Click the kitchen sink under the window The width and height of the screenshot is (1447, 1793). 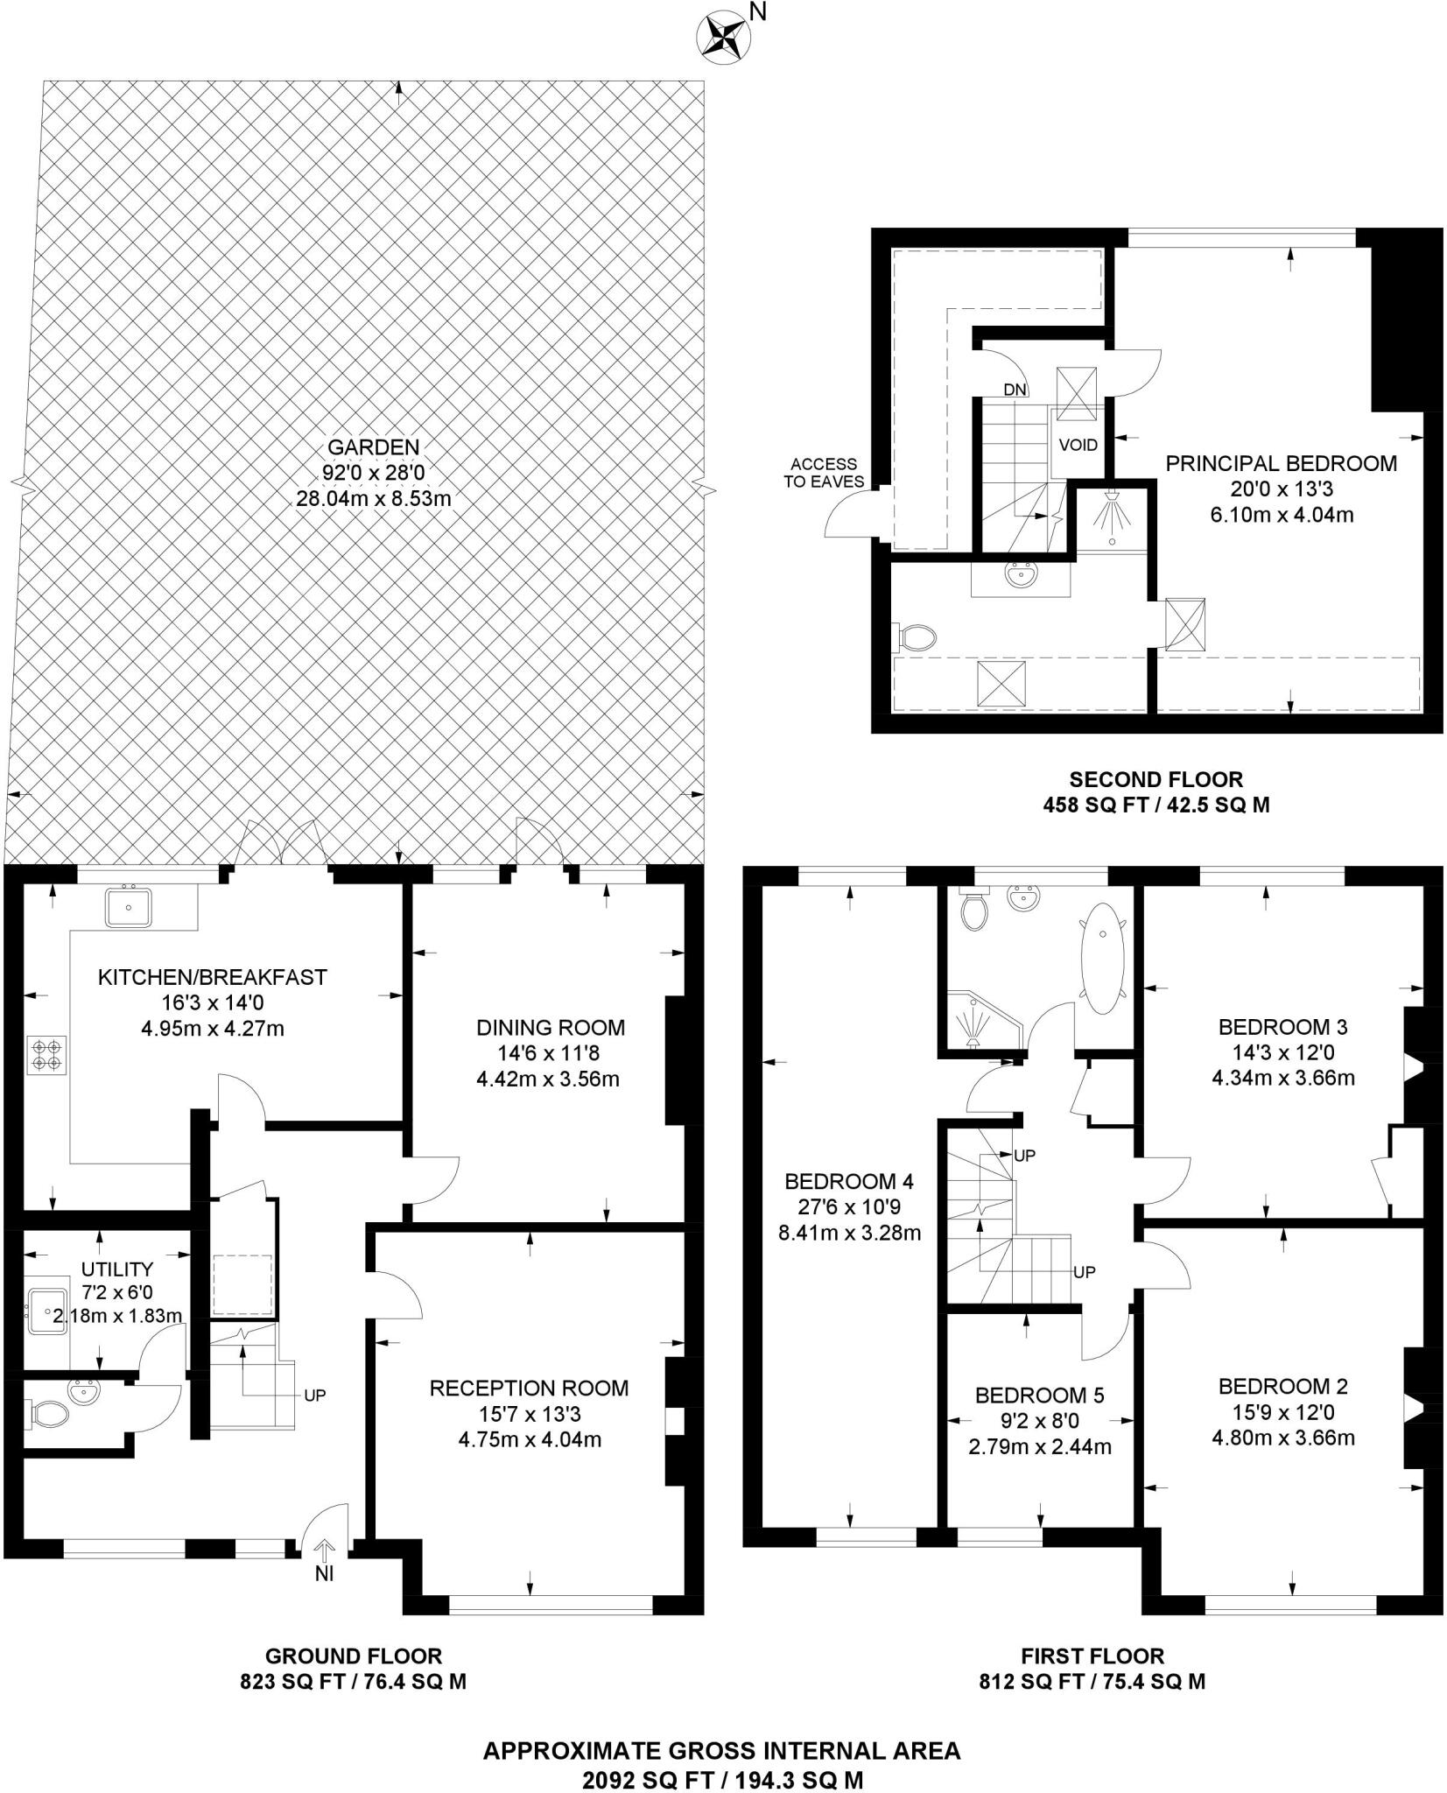click(x=129, y=908)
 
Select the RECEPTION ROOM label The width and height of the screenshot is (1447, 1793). click(x=529, y=1388)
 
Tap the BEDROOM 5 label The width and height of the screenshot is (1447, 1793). click(x=1039, y=1395)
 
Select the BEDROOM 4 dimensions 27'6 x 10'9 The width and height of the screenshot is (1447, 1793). click(x=848, y=1207)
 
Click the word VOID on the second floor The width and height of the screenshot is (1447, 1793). click(x=1078, y=445)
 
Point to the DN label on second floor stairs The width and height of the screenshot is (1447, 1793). click(x=1015, y=390)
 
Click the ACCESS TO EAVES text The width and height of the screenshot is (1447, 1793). click(x=823, y=473)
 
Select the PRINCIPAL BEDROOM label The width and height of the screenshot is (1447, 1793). click(x=1281, y=464)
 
